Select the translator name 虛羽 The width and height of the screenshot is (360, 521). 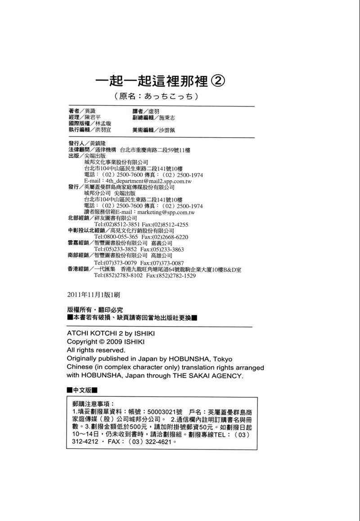pos(153,111)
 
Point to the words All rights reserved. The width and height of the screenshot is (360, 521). pos(95,350)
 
